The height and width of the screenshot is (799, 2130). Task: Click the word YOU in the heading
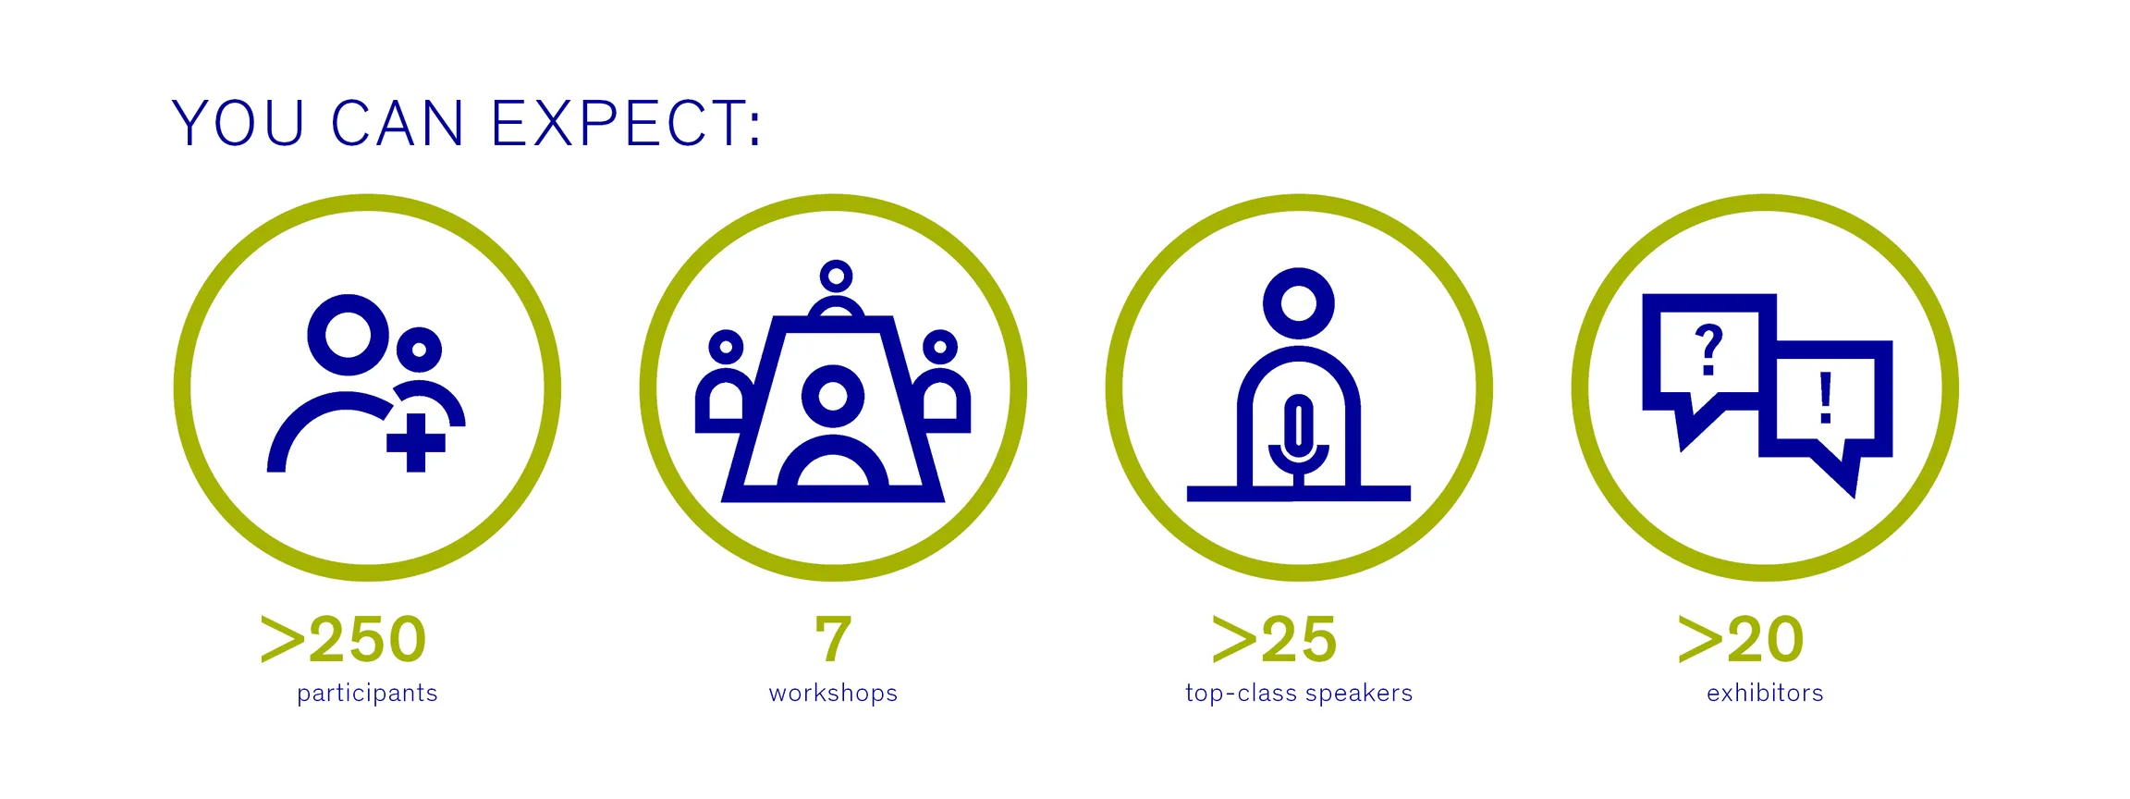point(238,123)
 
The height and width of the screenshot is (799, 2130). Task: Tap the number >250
point(343,639)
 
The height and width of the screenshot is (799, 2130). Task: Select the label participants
point(367,694)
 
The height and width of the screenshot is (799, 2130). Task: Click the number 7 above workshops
point(833,639)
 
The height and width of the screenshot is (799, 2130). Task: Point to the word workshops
point(833,693)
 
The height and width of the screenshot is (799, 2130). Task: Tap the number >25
point(1274,639)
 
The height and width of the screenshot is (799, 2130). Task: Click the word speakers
point(1359,694)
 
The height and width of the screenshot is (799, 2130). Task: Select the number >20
point(1741,639)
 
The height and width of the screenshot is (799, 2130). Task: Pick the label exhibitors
point(1765,693)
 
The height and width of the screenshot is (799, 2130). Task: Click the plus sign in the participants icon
point(416,442)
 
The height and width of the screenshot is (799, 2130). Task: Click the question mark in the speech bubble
point(1709,350)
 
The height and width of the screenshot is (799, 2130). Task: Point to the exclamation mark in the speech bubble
point(1826,398)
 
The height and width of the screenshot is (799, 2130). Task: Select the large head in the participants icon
point(348,335)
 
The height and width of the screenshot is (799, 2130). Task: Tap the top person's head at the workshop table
point(836,276)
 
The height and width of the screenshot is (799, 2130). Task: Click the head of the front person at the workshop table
point(833,396)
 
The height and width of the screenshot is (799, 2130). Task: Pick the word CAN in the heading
point(398,123)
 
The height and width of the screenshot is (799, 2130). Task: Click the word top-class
point(1240,693)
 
